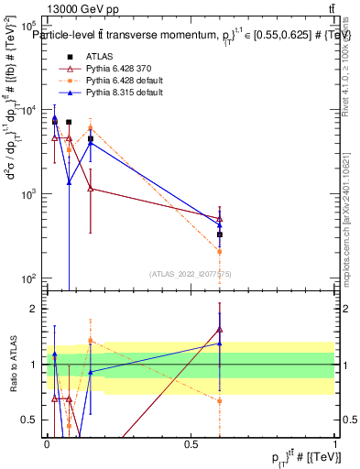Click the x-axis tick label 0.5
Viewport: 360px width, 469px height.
[x=191, y=443]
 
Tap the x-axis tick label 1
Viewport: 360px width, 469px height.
[x=335, y=443]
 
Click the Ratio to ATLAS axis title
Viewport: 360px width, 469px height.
[x=12, y=364]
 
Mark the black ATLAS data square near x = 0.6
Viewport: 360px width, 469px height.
[x=220, y=234]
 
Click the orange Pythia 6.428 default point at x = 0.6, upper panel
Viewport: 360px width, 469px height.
[x=220, y=251]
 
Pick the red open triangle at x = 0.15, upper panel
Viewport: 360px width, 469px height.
[x=91, y=189]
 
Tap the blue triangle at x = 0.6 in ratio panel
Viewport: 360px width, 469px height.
[x=220, y=343]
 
